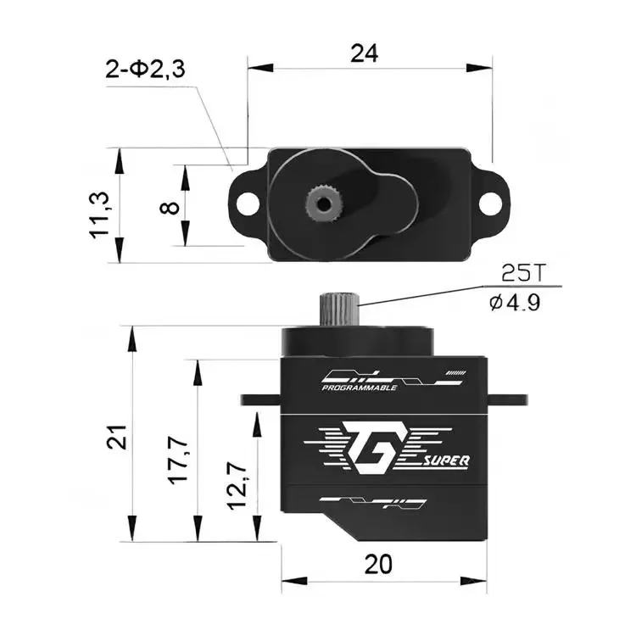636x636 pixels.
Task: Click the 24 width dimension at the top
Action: click(365, 53)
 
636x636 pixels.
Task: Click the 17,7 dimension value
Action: click(180, 458)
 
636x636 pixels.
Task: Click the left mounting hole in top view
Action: click(246, 204)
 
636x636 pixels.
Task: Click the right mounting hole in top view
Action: click(489, 204)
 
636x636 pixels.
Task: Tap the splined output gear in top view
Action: click(322, 201)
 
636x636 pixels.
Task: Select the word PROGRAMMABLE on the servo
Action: click(360, 388)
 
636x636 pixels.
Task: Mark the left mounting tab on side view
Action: click(259, 398)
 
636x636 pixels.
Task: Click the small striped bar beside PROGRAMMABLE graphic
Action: click(457, 372)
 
